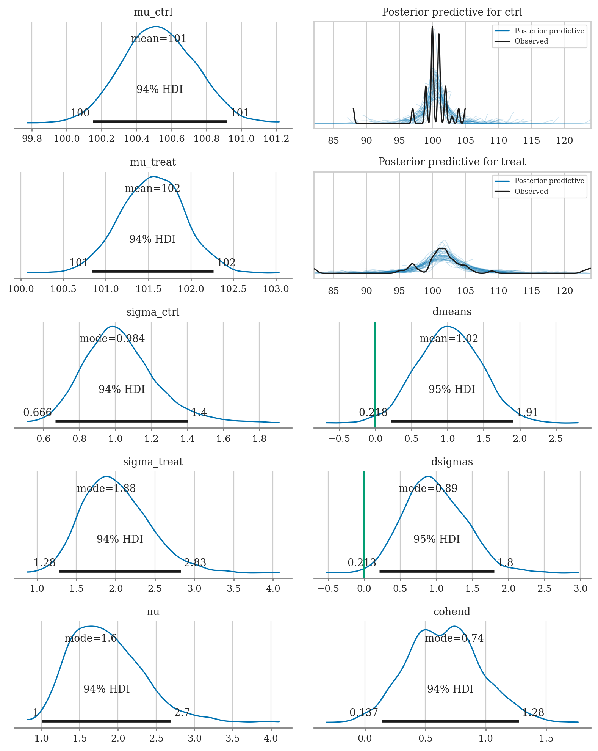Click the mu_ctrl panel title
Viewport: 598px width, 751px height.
point(153,12)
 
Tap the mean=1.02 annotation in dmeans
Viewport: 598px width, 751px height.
point(449,338)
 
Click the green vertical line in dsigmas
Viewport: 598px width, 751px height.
point(364,523)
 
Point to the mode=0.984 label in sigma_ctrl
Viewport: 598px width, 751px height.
point(112,338)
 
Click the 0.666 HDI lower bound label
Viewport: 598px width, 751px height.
point(37,412)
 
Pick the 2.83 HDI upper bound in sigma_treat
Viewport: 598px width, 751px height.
point(195,562)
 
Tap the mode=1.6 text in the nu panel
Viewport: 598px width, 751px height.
point(91,638)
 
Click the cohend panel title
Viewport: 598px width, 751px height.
point(452,611)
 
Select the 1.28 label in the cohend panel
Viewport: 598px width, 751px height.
point(533,712)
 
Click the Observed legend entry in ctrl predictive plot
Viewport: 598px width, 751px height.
point(531,41)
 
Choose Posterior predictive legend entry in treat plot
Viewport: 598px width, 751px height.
point(549,181)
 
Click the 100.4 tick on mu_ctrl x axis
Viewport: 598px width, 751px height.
point(136,139)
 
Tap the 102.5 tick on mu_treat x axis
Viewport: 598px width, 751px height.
point(233,289)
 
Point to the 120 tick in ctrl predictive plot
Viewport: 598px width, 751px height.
point(564,141)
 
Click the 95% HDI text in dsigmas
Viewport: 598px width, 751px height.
point(437,539)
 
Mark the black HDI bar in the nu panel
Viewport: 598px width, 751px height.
point(106,721)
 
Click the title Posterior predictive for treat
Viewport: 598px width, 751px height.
point(452,162)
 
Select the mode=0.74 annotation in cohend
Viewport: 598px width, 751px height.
point(454,638)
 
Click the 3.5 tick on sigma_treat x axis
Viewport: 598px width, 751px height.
point(233,589)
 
